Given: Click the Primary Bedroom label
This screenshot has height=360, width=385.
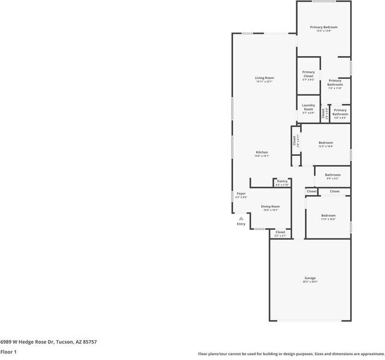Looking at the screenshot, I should pos(324,28).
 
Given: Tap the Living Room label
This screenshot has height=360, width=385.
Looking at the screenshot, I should pos(264,78).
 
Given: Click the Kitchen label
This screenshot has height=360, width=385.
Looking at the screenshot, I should pos(261,153).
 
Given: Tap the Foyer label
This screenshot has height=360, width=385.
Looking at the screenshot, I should pos(241,194).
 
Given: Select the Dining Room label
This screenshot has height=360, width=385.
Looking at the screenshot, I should pos(270,207).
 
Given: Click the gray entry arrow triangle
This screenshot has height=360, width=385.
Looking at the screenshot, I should pos(241,218).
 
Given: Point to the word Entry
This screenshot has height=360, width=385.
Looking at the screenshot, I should pos(241,224).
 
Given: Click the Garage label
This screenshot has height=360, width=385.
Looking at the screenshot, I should pos(310,279).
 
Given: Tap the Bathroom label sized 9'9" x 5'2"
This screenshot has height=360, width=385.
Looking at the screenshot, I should pos(333,176).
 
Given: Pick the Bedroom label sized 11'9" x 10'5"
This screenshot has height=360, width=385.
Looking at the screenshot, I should pos(328,216).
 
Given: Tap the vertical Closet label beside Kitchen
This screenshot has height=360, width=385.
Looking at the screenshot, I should pos(295,141).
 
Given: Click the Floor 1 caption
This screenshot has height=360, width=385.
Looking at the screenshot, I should pos(8,352).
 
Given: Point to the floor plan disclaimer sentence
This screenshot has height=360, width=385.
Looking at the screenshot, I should pos(291,354).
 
